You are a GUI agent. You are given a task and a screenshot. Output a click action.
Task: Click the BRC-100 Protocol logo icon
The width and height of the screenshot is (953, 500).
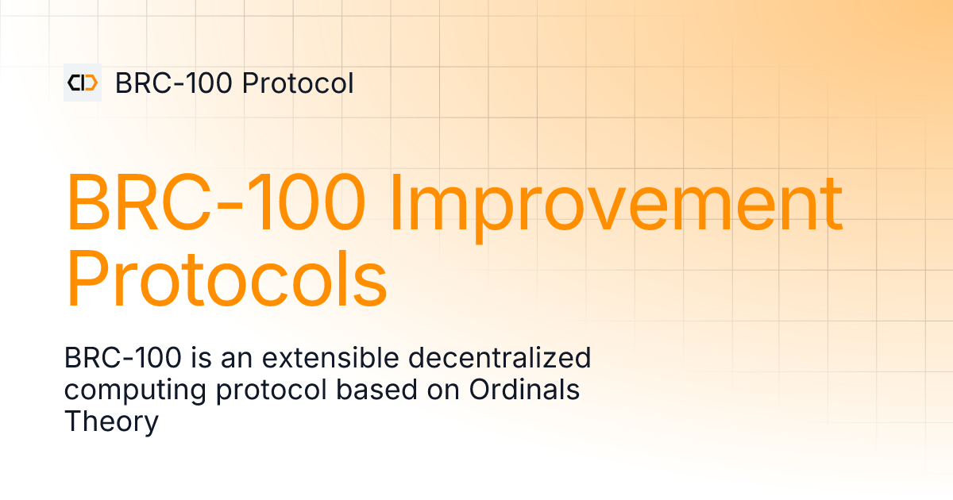pyautogui.click(x=83, y=83)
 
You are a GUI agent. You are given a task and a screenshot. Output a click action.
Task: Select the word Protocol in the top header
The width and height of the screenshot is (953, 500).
pyautogui.click(x=298, y=83)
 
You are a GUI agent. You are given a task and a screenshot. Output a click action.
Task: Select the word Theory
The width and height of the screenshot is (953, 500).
pyautogui.click(x=111, y=421)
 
